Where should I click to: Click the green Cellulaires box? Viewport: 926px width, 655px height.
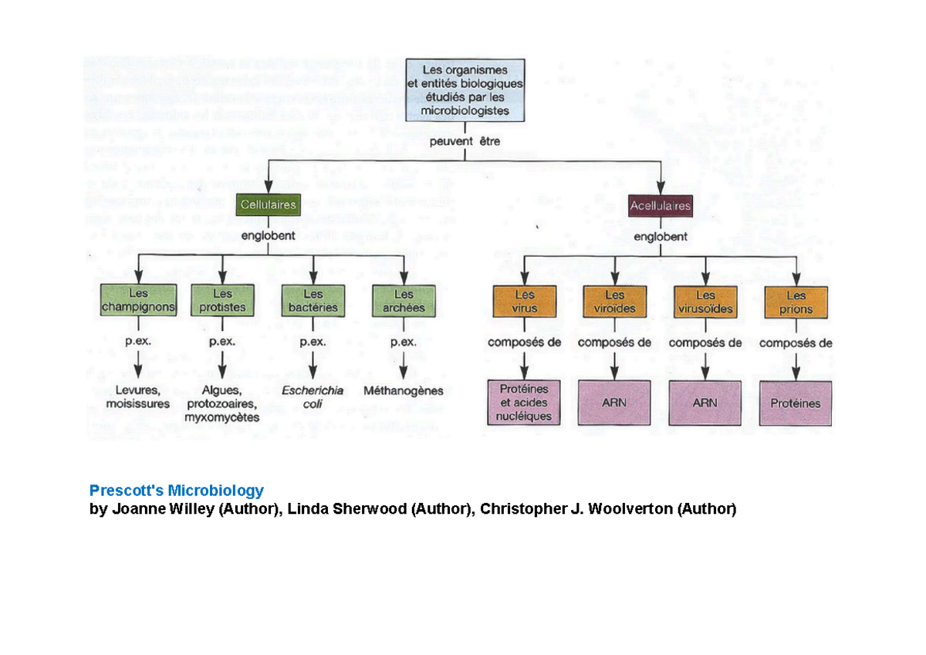[x=269, y=206]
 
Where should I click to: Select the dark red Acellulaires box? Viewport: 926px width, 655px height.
[x=661, y=206]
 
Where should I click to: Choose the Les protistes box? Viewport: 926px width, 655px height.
[x=222, y=301]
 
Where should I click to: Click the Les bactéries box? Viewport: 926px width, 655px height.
[x=313, y=301]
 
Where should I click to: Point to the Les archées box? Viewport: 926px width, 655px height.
[x=404, y=301]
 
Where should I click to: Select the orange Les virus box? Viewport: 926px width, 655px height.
[x=525, y=302]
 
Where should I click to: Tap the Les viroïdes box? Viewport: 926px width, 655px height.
[x=615, y=302]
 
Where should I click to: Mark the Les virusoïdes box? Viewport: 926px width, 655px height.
[x=705, y=302]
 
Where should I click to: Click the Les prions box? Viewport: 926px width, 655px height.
[x=796, y=302]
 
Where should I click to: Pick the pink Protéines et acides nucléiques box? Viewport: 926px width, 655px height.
[x=525, y=403]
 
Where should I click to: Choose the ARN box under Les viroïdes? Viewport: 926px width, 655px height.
[x=615, y=403]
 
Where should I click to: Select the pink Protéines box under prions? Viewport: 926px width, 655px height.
[x=796, y=403]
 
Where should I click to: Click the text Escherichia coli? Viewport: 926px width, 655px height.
[x=313, y=397]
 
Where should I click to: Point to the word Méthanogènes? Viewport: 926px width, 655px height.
[x=404, y=391]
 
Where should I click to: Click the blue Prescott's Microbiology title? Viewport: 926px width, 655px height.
[x=177, y=491]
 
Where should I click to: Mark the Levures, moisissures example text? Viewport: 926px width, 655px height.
[x=138, y=397]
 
